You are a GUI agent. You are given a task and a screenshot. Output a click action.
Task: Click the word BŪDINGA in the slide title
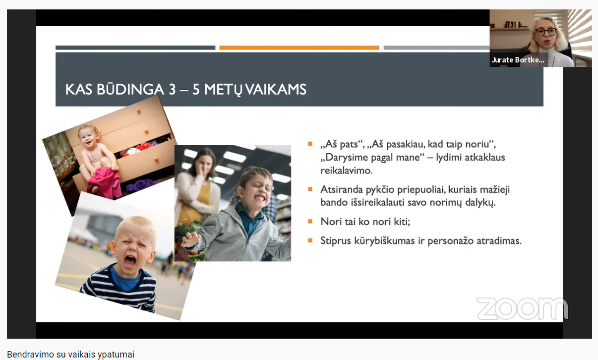(x=130, y=89)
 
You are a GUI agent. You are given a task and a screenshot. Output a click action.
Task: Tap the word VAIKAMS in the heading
(x=276, y=89)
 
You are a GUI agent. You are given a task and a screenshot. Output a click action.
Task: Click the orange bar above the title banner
(x=299, y=48)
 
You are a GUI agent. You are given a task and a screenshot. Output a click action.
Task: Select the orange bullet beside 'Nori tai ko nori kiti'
(x=310, y=221)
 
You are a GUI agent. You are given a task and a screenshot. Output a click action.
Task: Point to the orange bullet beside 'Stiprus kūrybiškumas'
(x=310, y=240)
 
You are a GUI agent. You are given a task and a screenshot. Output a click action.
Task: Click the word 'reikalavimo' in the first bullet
(x=346, y=171)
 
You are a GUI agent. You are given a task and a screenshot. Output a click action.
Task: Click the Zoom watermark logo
(x=522, y=308)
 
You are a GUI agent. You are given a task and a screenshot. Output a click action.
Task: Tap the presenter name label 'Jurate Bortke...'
(x=518, y=60)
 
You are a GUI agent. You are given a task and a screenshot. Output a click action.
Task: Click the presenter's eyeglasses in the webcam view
(x=546, y=32)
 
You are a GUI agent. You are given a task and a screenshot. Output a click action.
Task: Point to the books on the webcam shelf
(x=512, y=24)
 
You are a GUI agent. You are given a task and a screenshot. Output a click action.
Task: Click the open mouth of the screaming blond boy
(x=130, y=261)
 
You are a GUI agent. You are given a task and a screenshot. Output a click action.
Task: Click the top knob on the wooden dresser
(x=138, y=111)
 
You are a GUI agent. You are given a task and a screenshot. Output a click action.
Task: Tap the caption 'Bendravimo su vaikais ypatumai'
(x=70, y=355)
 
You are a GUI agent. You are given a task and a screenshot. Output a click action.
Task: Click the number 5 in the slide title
(x=196, y=89)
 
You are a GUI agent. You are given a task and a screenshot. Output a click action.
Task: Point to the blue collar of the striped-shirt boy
(x=125, y=279)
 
